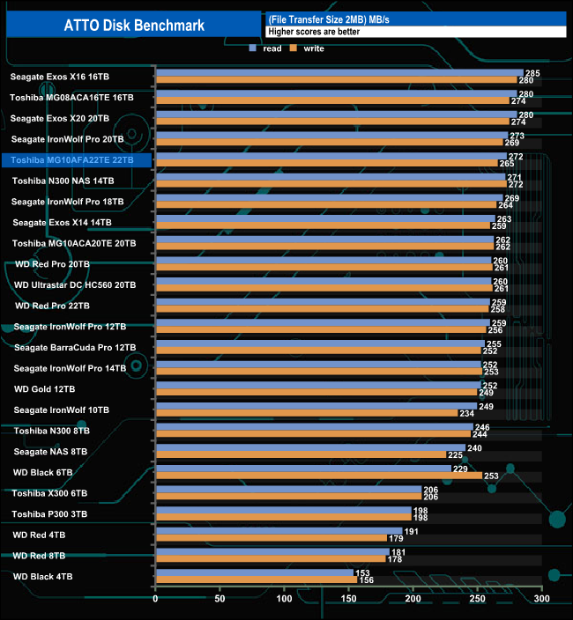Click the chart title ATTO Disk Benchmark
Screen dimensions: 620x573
coord(134,25)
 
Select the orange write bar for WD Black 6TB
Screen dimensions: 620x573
coord(318,476)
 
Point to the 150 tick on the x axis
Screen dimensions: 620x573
coord(349,600)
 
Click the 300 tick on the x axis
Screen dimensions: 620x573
coord(542,600)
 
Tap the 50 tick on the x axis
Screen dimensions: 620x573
coord(220,600)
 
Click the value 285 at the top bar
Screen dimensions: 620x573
coord(532,73)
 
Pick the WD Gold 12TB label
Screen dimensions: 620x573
coord(44,388)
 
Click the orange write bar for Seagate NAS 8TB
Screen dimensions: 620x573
coord(300,455)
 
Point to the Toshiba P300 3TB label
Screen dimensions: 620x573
coord(50,513)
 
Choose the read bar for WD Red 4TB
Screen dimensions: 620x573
coord(279,531)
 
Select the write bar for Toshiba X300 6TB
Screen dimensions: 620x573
coord(287,497)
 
